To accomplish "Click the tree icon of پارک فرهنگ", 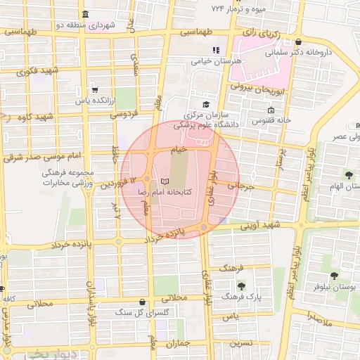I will click(242, 286).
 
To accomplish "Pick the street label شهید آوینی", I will click(261, 225).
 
